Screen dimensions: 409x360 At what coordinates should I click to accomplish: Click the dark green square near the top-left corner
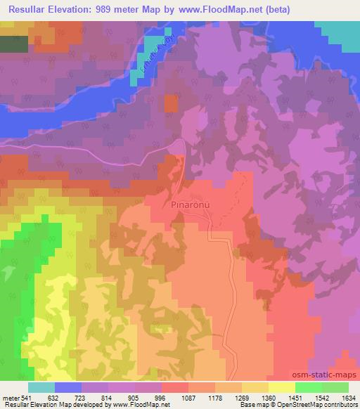pyautogui.click(x=14, y=44)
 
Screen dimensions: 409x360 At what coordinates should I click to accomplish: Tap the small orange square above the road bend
pyautogui.click(x=171, y=103)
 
